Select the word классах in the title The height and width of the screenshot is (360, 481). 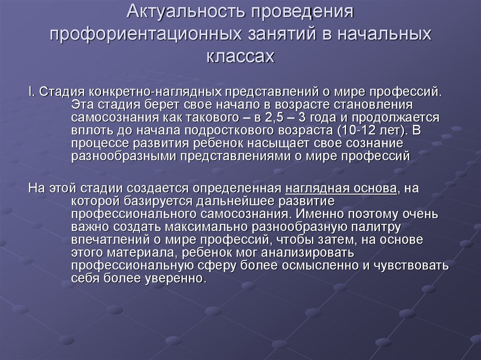pyautogui.click(x=240, y=56)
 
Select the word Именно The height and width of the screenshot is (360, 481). pyautogui.click(x=315, y=215)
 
